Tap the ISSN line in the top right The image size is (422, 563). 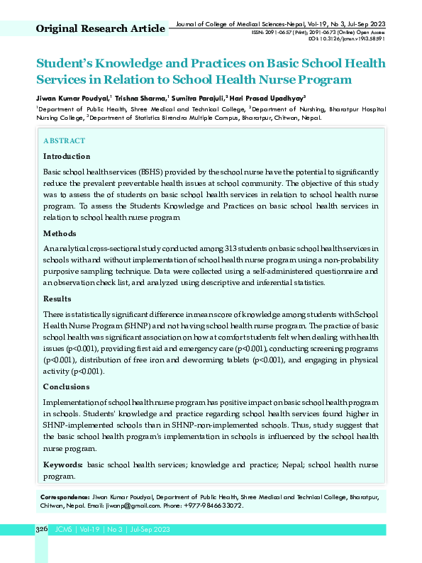318,32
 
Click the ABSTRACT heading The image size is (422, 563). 64,141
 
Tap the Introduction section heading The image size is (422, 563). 67,156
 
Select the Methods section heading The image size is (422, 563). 60,233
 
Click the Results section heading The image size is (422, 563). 57,299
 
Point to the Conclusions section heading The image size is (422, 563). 66,387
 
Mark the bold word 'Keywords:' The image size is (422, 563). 63,464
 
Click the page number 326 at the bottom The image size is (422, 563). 41,530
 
